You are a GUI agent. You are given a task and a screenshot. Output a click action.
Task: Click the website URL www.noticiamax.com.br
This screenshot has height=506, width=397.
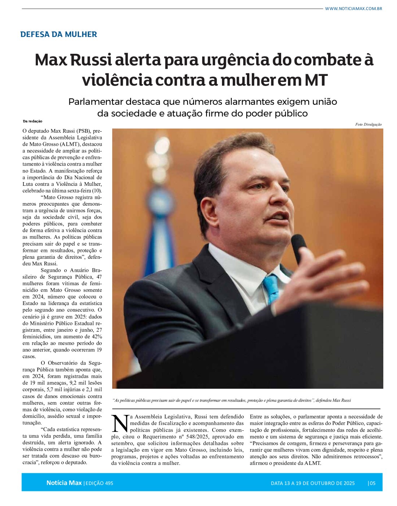353,9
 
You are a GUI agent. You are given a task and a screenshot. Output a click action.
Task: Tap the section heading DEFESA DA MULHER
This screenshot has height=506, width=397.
58,34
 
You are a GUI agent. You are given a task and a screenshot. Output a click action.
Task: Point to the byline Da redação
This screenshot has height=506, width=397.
32,121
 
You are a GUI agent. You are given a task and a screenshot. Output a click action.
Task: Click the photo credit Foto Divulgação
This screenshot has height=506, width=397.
368,124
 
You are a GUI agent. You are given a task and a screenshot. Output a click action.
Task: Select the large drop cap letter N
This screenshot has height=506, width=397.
120,424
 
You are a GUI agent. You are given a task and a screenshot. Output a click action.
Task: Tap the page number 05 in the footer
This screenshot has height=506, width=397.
372,483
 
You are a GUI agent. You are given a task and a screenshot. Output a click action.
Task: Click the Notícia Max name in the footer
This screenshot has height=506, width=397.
64,483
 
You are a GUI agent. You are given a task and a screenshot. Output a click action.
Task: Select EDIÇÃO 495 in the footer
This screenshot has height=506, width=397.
99,483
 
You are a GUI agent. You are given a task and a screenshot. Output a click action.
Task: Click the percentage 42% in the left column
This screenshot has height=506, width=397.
96,336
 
